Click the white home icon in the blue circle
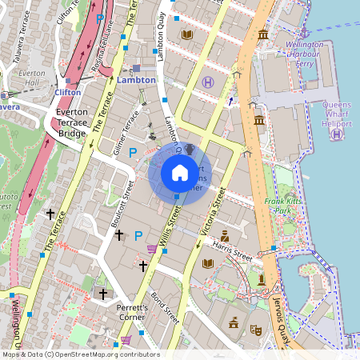coord(179,172)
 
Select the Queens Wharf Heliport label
coord(342,113)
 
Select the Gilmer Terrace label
coord(123,131)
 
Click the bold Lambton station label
coord(135,80)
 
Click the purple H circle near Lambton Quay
coord(208,82)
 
